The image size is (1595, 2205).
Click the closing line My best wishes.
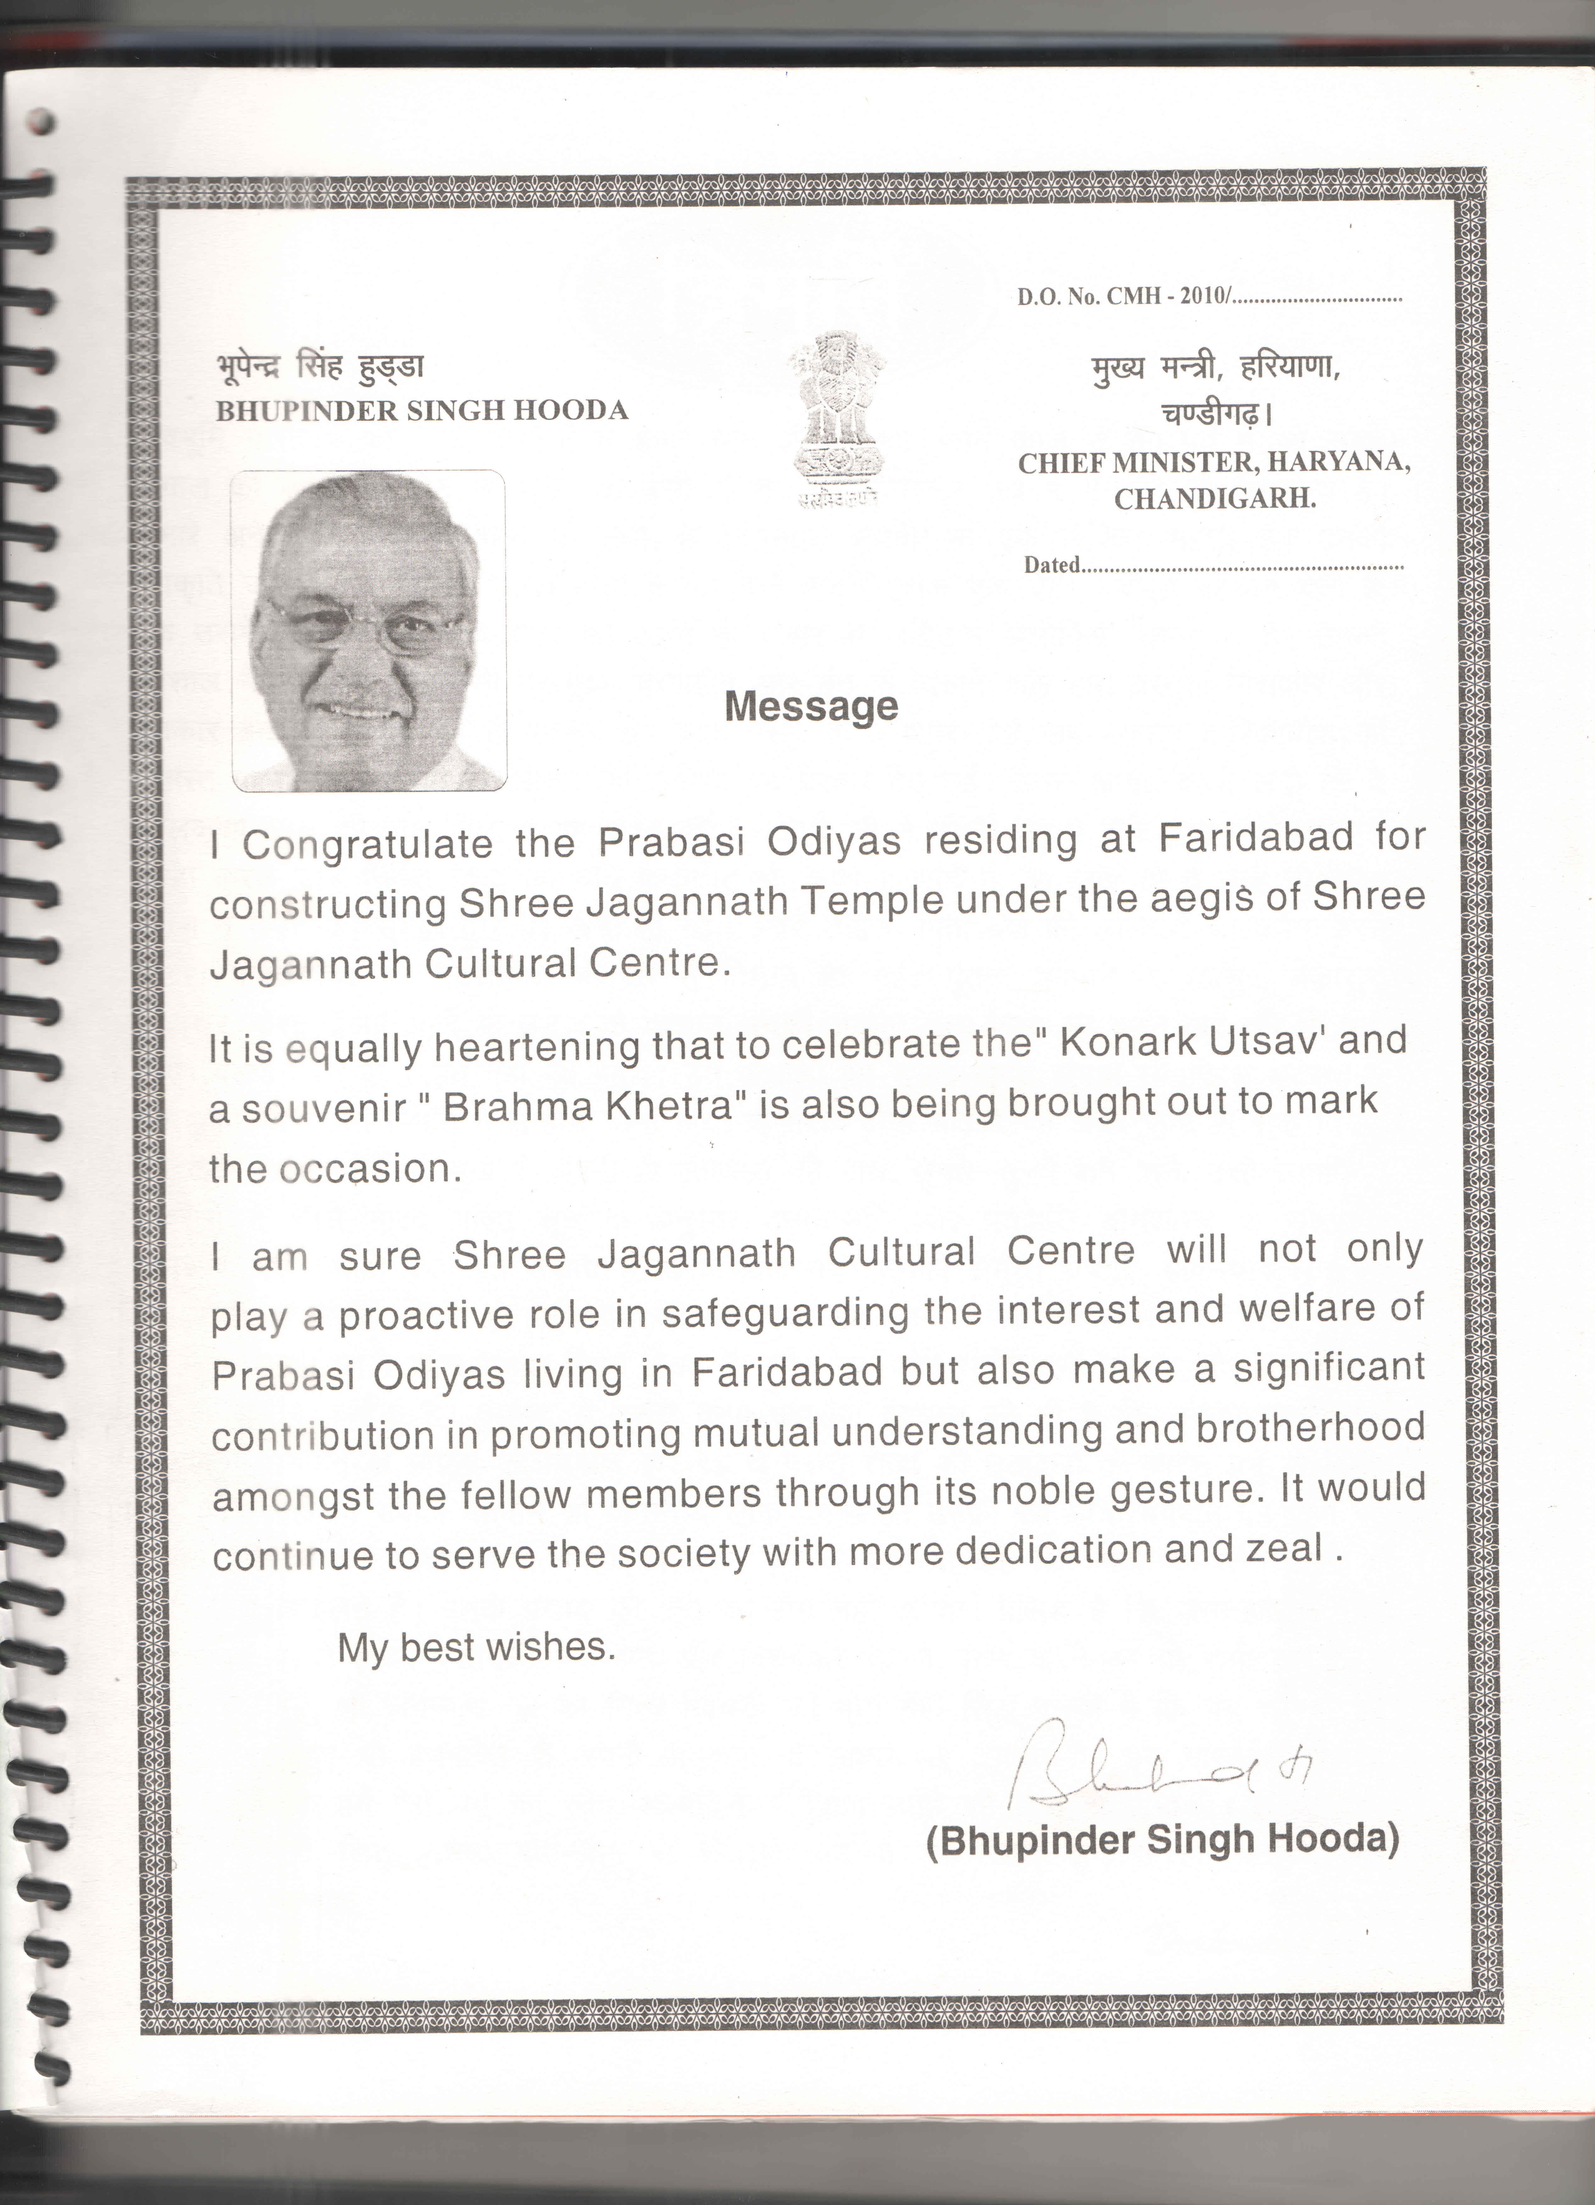pyautogui.click(x=476, y=1647)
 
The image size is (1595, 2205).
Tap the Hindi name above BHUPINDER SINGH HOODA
pyautogui.click(x=320, y=367)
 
